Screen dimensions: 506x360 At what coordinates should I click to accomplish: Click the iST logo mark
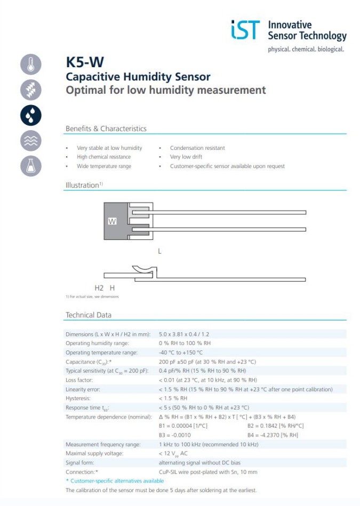245,30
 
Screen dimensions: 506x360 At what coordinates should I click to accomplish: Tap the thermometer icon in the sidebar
30,64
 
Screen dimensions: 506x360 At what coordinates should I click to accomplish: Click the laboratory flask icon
30,166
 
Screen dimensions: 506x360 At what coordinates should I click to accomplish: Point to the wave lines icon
30,141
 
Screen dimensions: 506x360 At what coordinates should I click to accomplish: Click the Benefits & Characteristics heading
106,128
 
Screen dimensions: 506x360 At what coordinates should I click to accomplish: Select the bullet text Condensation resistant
197,148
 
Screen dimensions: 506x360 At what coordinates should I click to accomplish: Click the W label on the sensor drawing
112,221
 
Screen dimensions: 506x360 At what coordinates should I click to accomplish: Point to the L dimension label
159,251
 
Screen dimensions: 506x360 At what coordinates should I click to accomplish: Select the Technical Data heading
89,315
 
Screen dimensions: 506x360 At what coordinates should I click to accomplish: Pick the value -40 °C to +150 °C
181,352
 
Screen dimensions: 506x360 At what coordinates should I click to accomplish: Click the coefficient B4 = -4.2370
273,435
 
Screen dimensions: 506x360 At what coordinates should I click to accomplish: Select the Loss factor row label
79,380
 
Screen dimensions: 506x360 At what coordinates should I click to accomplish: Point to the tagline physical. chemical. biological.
306,49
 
